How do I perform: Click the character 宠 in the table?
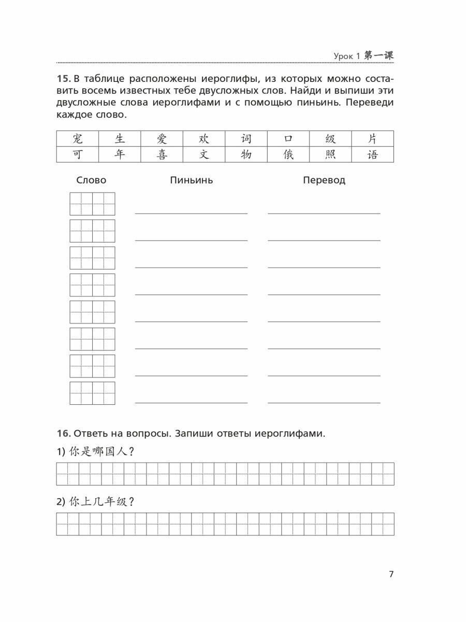pos(78,139)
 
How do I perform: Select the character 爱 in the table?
pos(162,139)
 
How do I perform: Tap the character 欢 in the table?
pos(204,139)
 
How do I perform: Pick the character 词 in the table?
pos(246,139)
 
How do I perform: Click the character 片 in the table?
pos(372,139)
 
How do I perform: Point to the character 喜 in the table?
pos(162,154)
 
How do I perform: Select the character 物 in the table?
pos(246,154)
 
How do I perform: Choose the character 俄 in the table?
pos(288,154)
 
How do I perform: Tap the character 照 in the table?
pos(330,154)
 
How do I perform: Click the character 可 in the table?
pos(78,154)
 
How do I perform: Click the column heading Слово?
pos(91,180)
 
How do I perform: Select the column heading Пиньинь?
pos(191,180)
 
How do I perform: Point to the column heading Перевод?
pos(324,180)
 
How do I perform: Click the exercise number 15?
pos(63,79)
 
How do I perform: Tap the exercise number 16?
pos(63,433)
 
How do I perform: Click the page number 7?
pos(391,574)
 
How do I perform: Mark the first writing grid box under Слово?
pos(92,204)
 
